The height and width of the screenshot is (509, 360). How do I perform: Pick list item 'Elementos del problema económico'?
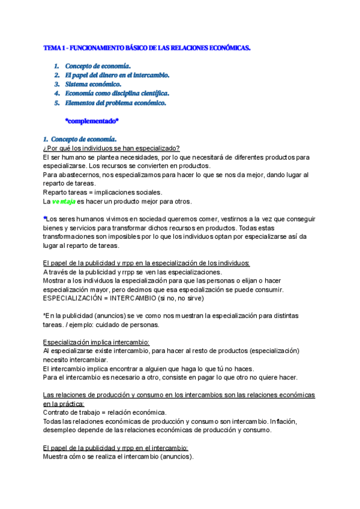coord(115,103)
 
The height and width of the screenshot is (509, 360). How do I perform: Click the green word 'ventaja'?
coord(62,202)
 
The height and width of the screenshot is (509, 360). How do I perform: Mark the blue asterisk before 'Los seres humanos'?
coord(45,218)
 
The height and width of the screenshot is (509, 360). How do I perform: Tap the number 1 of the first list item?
coord(56,66)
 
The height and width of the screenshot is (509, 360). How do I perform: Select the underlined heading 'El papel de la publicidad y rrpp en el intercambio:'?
coord(116,448)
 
